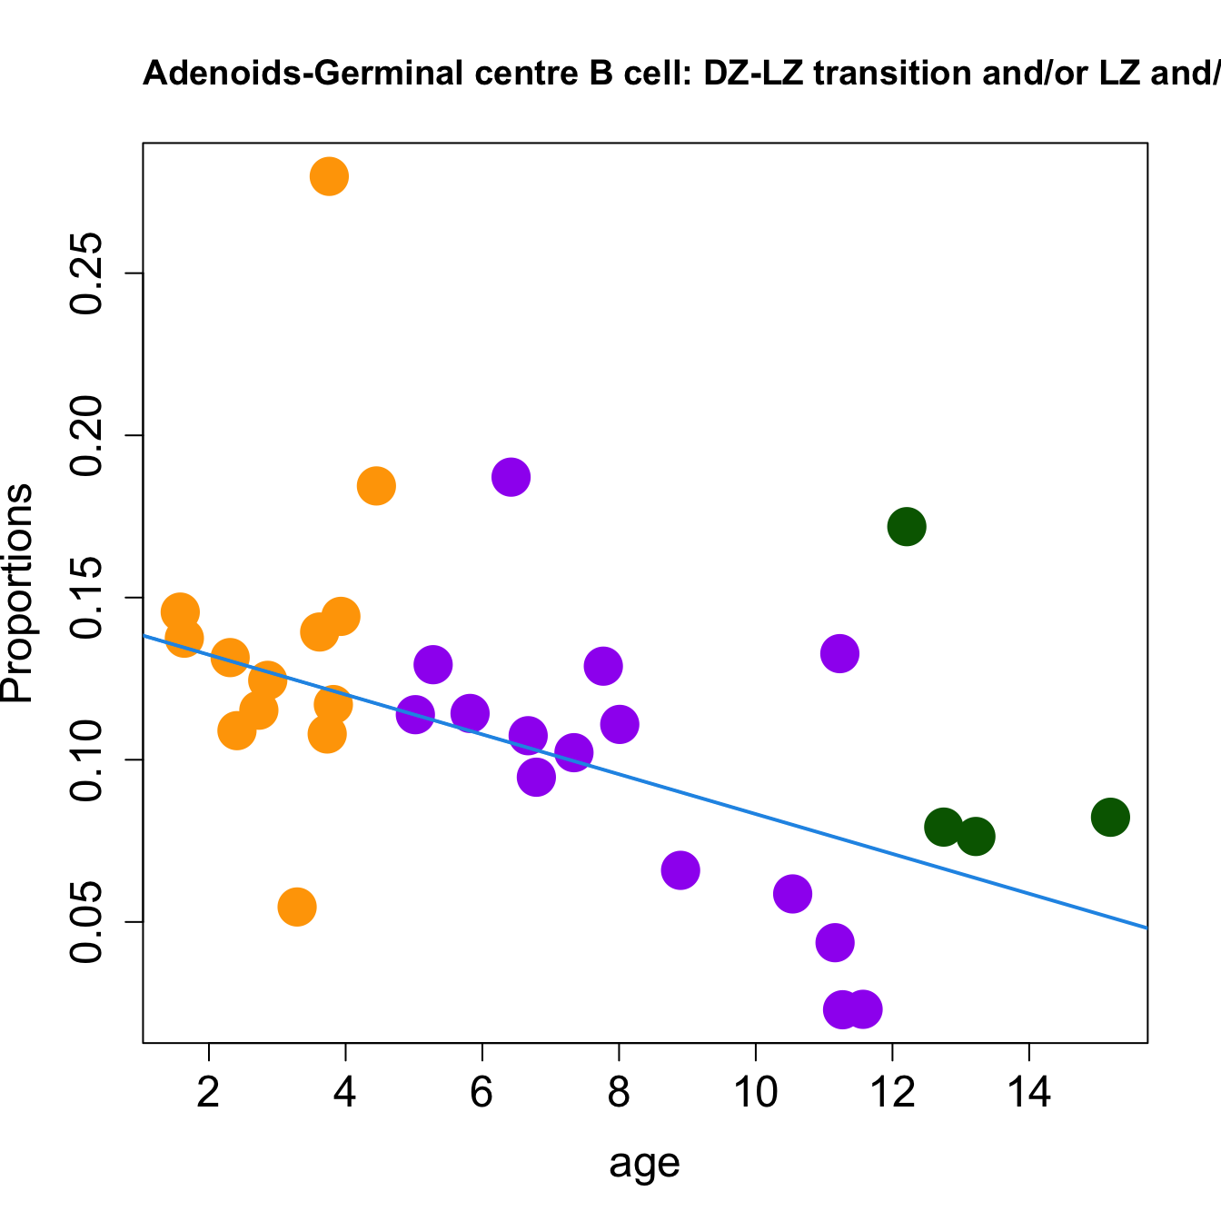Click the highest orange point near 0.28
(330, 176)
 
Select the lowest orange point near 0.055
(297, 907)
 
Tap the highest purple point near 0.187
(511, 477)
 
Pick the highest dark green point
(907, 526)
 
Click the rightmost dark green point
(1110, 817)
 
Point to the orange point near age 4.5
(376, 486)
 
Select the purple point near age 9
(680, 870)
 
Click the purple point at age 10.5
(792, 894)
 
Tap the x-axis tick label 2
(209, 1093)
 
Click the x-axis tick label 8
(619, 1093)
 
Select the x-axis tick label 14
(1028, 1093)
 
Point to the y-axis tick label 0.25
(87, 273)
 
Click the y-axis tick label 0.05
(87, 922)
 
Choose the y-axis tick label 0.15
(87, 598)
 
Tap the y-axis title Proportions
(18, 593)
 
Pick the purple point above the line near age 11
(840, 653)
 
